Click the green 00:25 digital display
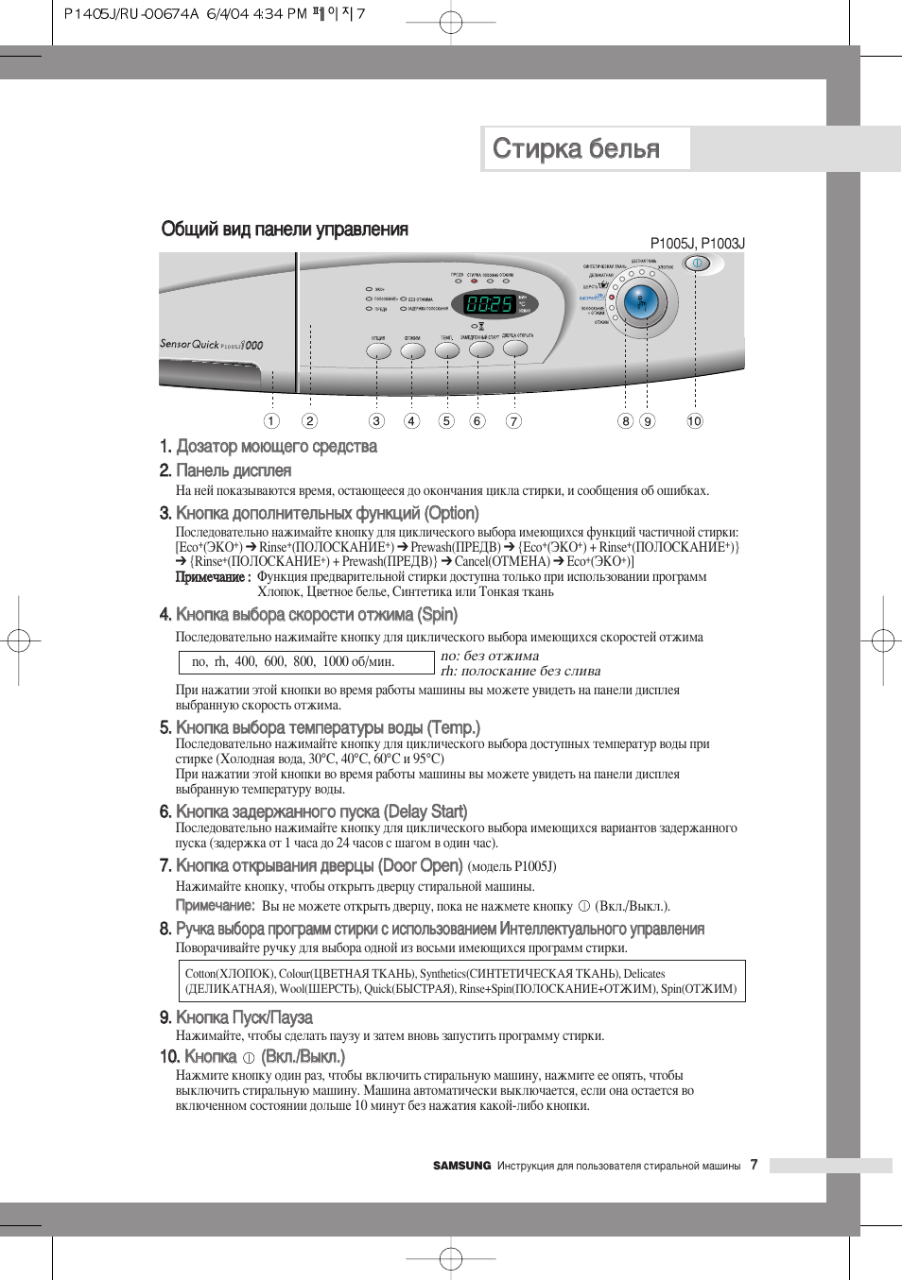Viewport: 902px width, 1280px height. (489, 304)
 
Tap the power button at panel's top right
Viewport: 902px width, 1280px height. (697, 264)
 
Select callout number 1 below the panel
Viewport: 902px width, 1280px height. (271, 421)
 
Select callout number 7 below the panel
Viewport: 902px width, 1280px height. (513, 421)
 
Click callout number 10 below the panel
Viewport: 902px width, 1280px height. (695, 421)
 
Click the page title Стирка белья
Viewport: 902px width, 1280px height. (576, 148)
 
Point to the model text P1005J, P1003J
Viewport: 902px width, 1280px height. (697, 244)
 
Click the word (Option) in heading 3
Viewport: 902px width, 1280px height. (452, 513)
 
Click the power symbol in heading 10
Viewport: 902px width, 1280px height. (249, 1058)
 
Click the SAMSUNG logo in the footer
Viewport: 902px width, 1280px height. (461, 1166)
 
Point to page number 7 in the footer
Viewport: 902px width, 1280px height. (754, 1165)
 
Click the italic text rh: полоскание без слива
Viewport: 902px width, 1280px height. (520, 672)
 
